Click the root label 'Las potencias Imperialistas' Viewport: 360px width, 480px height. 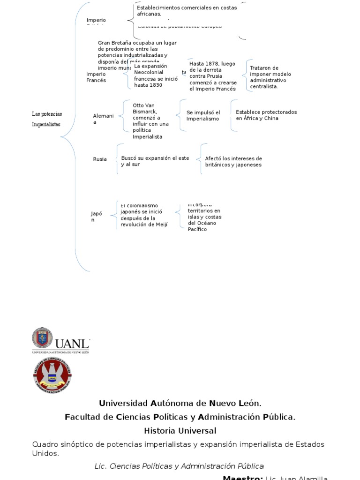(47, 119)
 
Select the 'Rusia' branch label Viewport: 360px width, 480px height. (100, 159)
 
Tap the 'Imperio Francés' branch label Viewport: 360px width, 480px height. (96, 77)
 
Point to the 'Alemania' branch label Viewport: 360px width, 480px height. (103, 119)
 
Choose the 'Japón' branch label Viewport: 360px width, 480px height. (96, 217)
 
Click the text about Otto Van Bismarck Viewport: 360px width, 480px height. (150, 121)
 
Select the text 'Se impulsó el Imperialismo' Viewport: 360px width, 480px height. (203, 116)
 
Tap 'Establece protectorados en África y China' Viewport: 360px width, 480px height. (266, 115)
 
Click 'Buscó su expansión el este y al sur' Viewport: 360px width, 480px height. (155, 161)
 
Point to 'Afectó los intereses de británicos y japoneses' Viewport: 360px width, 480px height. (233, 162)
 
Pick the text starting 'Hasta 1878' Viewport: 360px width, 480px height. (213, 76)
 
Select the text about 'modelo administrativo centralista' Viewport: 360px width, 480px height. (270, 77)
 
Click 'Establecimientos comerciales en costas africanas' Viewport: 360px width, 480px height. (187, 11)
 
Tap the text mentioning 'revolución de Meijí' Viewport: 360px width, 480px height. (143, 216)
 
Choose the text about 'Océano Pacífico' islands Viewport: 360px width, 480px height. (204, 217)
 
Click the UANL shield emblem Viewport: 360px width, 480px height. (42, 338)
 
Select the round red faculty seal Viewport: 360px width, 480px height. (52, 376)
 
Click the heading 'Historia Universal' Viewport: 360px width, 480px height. (180, 430)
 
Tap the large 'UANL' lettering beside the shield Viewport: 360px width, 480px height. (72, 343)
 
